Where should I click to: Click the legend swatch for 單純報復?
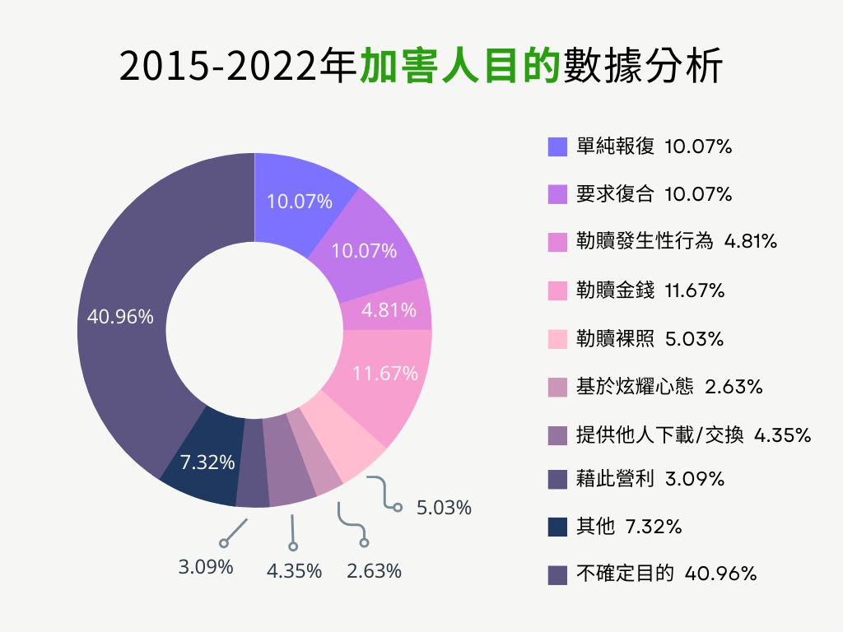click(557, 146)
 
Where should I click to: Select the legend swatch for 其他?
click(557, 527)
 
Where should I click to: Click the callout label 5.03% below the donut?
click(444, 508)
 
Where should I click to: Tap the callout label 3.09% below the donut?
click(206, 567)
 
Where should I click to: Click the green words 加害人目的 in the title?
click(460, 67)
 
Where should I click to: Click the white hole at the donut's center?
click(254, 330)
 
